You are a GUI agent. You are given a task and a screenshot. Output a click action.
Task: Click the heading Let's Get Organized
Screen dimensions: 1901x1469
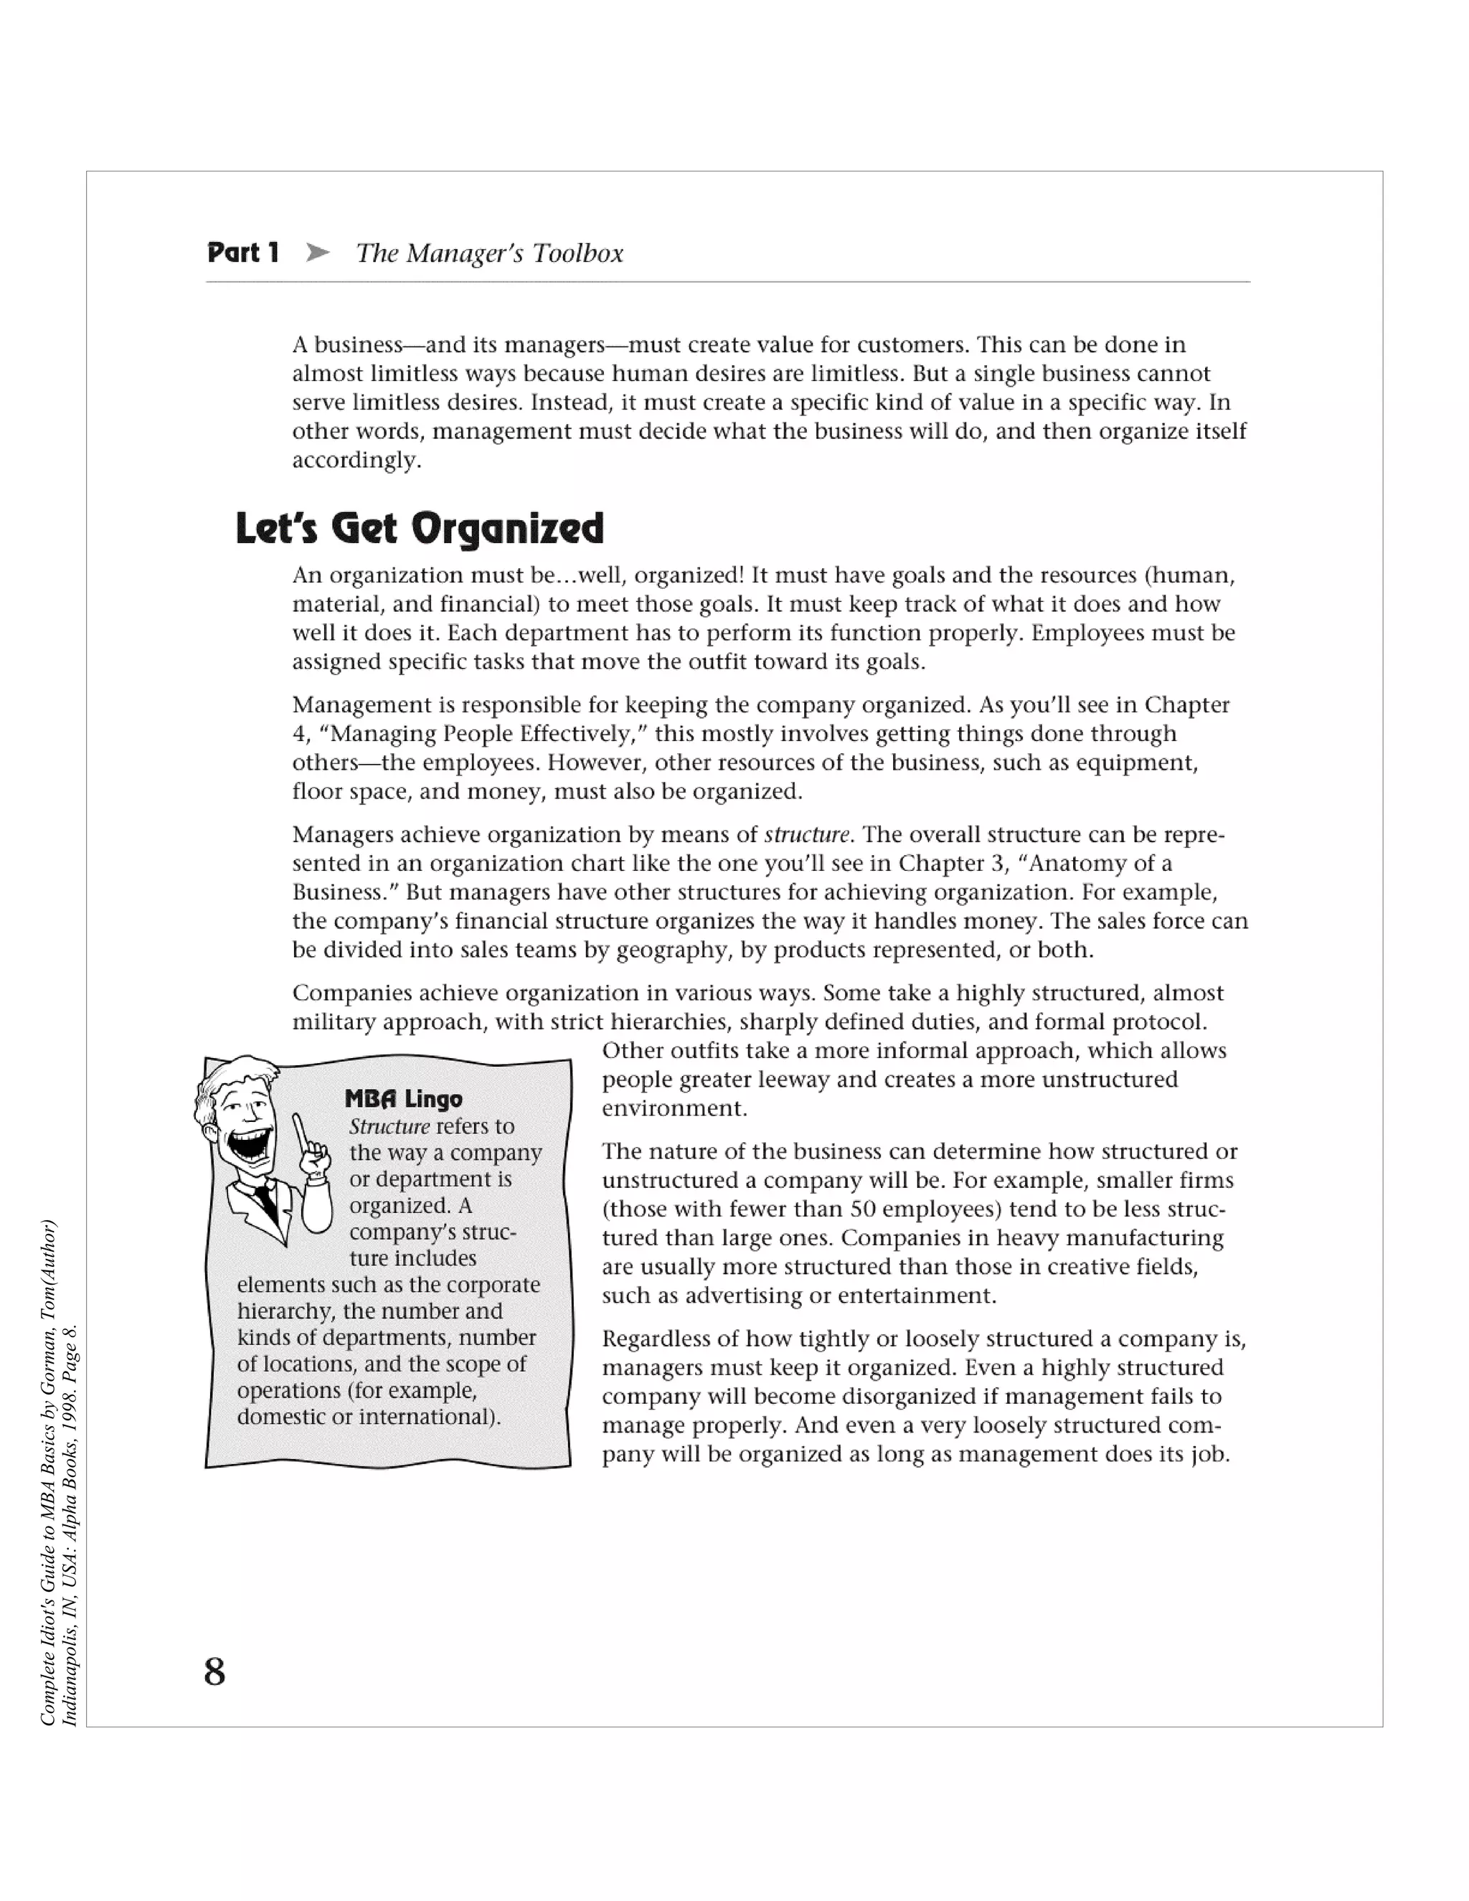tap(420, 529)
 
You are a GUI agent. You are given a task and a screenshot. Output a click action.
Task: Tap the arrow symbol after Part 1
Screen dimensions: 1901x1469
tap(318, 253)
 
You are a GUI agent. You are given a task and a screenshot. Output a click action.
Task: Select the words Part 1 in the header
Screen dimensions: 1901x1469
tap(243, 253)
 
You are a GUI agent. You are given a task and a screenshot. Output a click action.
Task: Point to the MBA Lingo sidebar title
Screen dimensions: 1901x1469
tap(404, 1098)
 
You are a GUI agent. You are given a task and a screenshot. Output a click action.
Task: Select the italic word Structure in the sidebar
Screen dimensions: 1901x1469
tap(389, 1126)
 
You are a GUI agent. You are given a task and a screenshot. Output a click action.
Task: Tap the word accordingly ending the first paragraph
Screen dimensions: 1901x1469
tap(356, 460)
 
